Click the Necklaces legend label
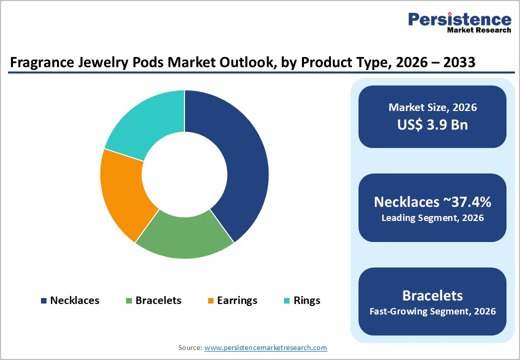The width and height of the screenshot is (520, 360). point(74,300)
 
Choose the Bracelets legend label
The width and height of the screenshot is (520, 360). point(158,300)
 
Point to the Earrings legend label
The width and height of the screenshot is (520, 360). point(237,300)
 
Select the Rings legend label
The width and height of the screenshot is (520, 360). point(307,300)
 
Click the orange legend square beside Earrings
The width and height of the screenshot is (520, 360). point(210,301)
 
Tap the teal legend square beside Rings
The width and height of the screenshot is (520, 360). point(287,301)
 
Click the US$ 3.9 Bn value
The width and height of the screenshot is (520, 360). point(432,124)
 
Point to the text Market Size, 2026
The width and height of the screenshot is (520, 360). point(432,107)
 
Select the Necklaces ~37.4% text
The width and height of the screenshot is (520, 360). point(432,202)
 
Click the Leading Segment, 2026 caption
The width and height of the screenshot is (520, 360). point(432,218)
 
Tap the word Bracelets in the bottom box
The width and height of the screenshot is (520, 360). point(432,295)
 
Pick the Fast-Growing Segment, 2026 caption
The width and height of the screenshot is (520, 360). point(432,311)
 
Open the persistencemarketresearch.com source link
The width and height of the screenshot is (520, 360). point(265,347)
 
